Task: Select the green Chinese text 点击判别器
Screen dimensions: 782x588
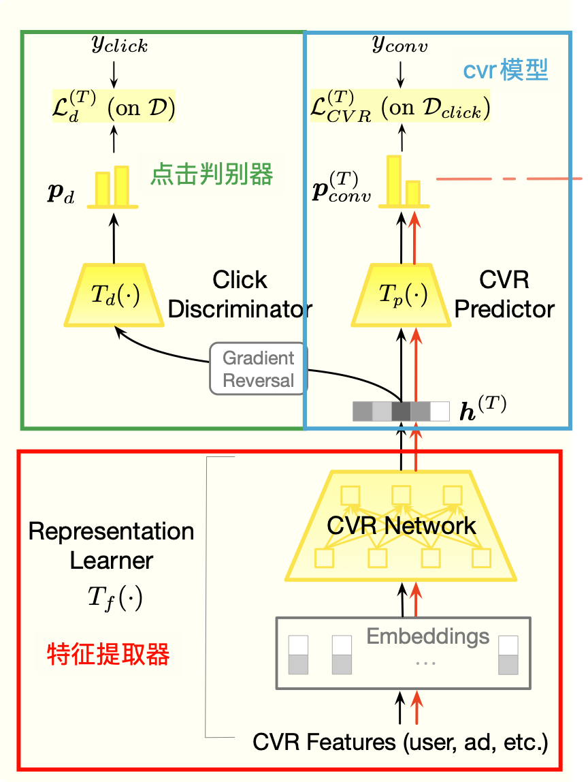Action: tap(212, 175)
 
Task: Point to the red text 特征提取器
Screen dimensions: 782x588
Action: tap(108, 655)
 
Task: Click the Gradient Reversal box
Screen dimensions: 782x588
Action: tap(259, 369)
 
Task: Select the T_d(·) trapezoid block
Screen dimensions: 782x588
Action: tap(114, 294)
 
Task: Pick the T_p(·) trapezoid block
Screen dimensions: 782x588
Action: tap(401, 294)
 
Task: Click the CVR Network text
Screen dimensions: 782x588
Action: tap(401, 525)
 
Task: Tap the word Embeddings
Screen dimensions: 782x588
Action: tap(427, 636)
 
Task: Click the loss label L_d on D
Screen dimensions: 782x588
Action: tap(114, 108)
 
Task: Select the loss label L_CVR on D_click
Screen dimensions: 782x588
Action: tap(400, 108)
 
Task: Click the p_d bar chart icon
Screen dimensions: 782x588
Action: tap(112, 185)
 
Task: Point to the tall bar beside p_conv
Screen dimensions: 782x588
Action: tap(393, 180)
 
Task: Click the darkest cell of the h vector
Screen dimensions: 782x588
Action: tap(401, 411)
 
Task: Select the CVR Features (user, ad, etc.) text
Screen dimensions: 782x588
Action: tap(400, 742)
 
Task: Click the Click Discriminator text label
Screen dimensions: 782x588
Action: tap(240, 294)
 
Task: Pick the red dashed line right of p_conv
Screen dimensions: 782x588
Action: tap(508, 179)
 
